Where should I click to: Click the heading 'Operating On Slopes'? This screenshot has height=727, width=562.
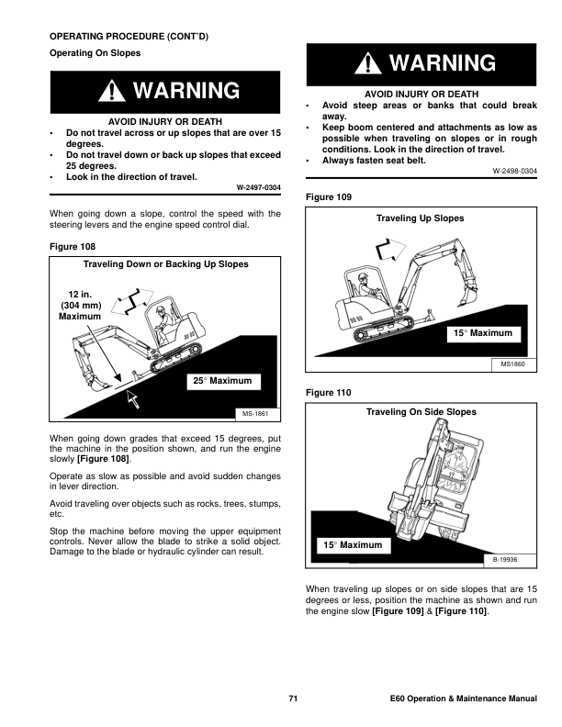95,53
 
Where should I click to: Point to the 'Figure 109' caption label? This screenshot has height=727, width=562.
326,197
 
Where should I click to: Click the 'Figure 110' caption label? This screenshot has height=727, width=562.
326,393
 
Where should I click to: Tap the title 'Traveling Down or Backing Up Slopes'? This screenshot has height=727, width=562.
166,264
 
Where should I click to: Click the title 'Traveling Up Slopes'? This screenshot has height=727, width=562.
421,218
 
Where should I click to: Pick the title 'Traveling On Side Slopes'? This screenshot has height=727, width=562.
421,413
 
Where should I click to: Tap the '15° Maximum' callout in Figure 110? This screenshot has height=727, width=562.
353,545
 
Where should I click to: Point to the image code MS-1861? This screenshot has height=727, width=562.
253,416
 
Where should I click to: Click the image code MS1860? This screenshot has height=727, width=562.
511,364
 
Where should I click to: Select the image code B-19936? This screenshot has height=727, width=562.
508,559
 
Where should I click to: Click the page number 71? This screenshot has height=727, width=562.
293,699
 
